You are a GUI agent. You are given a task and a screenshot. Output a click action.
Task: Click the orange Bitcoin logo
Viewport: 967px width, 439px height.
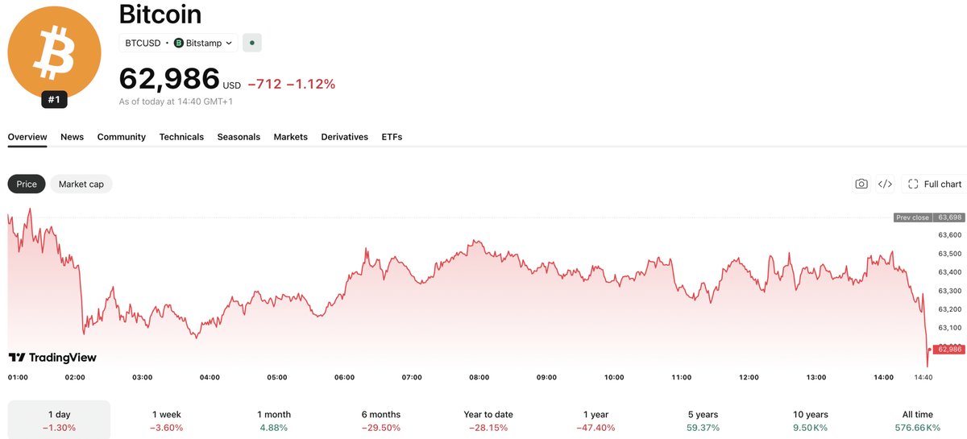point(55,52)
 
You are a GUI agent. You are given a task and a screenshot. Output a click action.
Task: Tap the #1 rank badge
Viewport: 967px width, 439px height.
point(54,100)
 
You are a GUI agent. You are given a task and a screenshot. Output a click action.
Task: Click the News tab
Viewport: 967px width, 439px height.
point(72,137)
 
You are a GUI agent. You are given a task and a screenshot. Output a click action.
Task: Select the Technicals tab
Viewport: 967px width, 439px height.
point(181,137)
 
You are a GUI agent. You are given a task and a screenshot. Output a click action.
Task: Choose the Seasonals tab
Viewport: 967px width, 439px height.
point(239,137)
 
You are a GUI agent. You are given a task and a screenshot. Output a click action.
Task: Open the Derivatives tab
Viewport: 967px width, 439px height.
point(345,137)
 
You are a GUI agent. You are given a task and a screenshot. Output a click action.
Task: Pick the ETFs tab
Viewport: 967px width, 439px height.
point(392,137)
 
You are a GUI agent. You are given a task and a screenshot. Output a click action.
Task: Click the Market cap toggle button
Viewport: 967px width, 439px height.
point(81,184)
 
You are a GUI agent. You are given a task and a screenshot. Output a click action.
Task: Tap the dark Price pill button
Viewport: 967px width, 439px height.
point(27,184)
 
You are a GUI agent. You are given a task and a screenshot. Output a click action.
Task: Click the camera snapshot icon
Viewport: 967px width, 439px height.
point(861,184)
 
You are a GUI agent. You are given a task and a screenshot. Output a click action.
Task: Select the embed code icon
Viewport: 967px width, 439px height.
point(885,184)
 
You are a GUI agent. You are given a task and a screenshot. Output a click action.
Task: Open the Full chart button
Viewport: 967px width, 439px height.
point(935,184)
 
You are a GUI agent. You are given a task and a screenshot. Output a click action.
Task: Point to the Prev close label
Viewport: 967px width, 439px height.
point(912,217)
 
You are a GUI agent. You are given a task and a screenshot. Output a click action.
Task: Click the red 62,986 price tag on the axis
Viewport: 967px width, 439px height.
point(949,350)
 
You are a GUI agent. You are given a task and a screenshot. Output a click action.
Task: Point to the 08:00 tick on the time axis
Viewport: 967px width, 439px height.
point(479,377)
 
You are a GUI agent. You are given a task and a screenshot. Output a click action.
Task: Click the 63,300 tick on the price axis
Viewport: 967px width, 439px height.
point(950,291)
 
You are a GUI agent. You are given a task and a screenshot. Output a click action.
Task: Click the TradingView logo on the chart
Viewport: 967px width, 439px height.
point(52,358)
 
